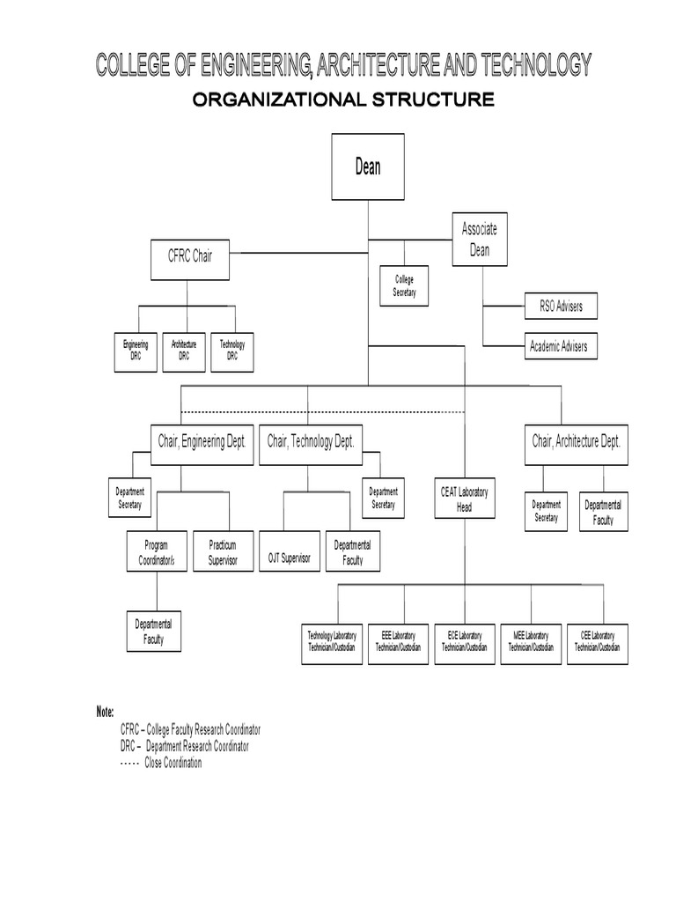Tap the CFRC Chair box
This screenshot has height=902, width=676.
(190, 256)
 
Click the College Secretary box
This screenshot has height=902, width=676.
(404, 285)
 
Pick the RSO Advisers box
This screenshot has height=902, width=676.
(561, 306)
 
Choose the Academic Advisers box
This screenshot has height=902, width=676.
(561, 345)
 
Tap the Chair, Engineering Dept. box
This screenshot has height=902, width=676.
(202, 441)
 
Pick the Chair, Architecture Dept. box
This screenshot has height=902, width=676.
(577, 441)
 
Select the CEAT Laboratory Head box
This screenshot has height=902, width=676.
(465, 499)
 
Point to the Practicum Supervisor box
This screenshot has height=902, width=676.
(223, 551)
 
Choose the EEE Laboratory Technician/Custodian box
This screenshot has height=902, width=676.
(398, 641)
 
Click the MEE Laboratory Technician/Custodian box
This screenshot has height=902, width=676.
(531, 641)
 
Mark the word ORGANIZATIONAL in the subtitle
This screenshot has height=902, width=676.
(269, 100)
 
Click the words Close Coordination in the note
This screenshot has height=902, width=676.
(173, 763)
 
